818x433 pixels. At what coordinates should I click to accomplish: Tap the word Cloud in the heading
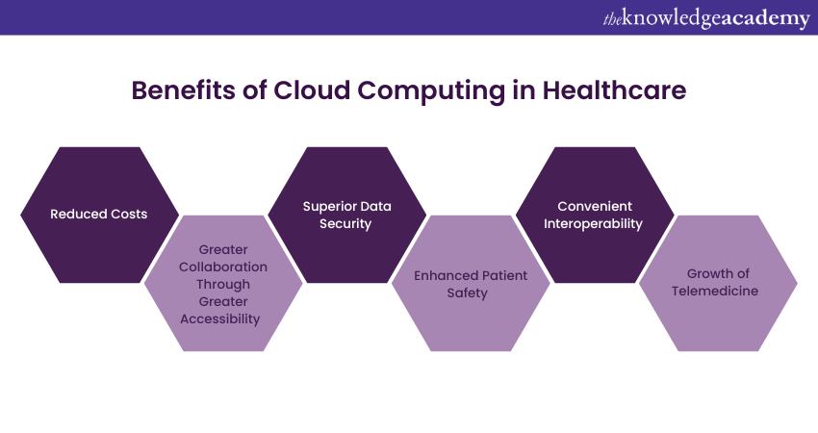click(x=312, y=90)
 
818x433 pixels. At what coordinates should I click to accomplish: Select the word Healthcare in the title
click(x=614, y=90)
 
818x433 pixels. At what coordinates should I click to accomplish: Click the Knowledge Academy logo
click(x=706, y=18)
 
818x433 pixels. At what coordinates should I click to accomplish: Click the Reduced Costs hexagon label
click(x=98, y=214)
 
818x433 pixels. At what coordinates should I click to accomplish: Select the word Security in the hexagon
click(x=345, y=224)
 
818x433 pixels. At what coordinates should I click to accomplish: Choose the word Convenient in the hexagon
click(x=595, y=206)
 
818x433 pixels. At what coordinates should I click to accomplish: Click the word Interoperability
click(x=593, y=224)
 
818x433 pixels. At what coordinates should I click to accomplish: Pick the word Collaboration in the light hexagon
click(x=222, y=267)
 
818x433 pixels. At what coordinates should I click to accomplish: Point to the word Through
click(x=222, y=284)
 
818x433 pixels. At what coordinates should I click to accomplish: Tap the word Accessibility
click(x=220, y=319)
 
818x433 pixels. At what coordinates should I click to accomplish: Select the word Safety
click(x=467, y=293)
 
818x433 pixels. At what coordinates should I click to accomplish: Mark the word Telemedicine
click(x=715, y=291)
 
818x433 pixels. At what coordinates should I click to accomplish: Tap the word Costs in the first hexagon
click(x=129, y=214)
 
